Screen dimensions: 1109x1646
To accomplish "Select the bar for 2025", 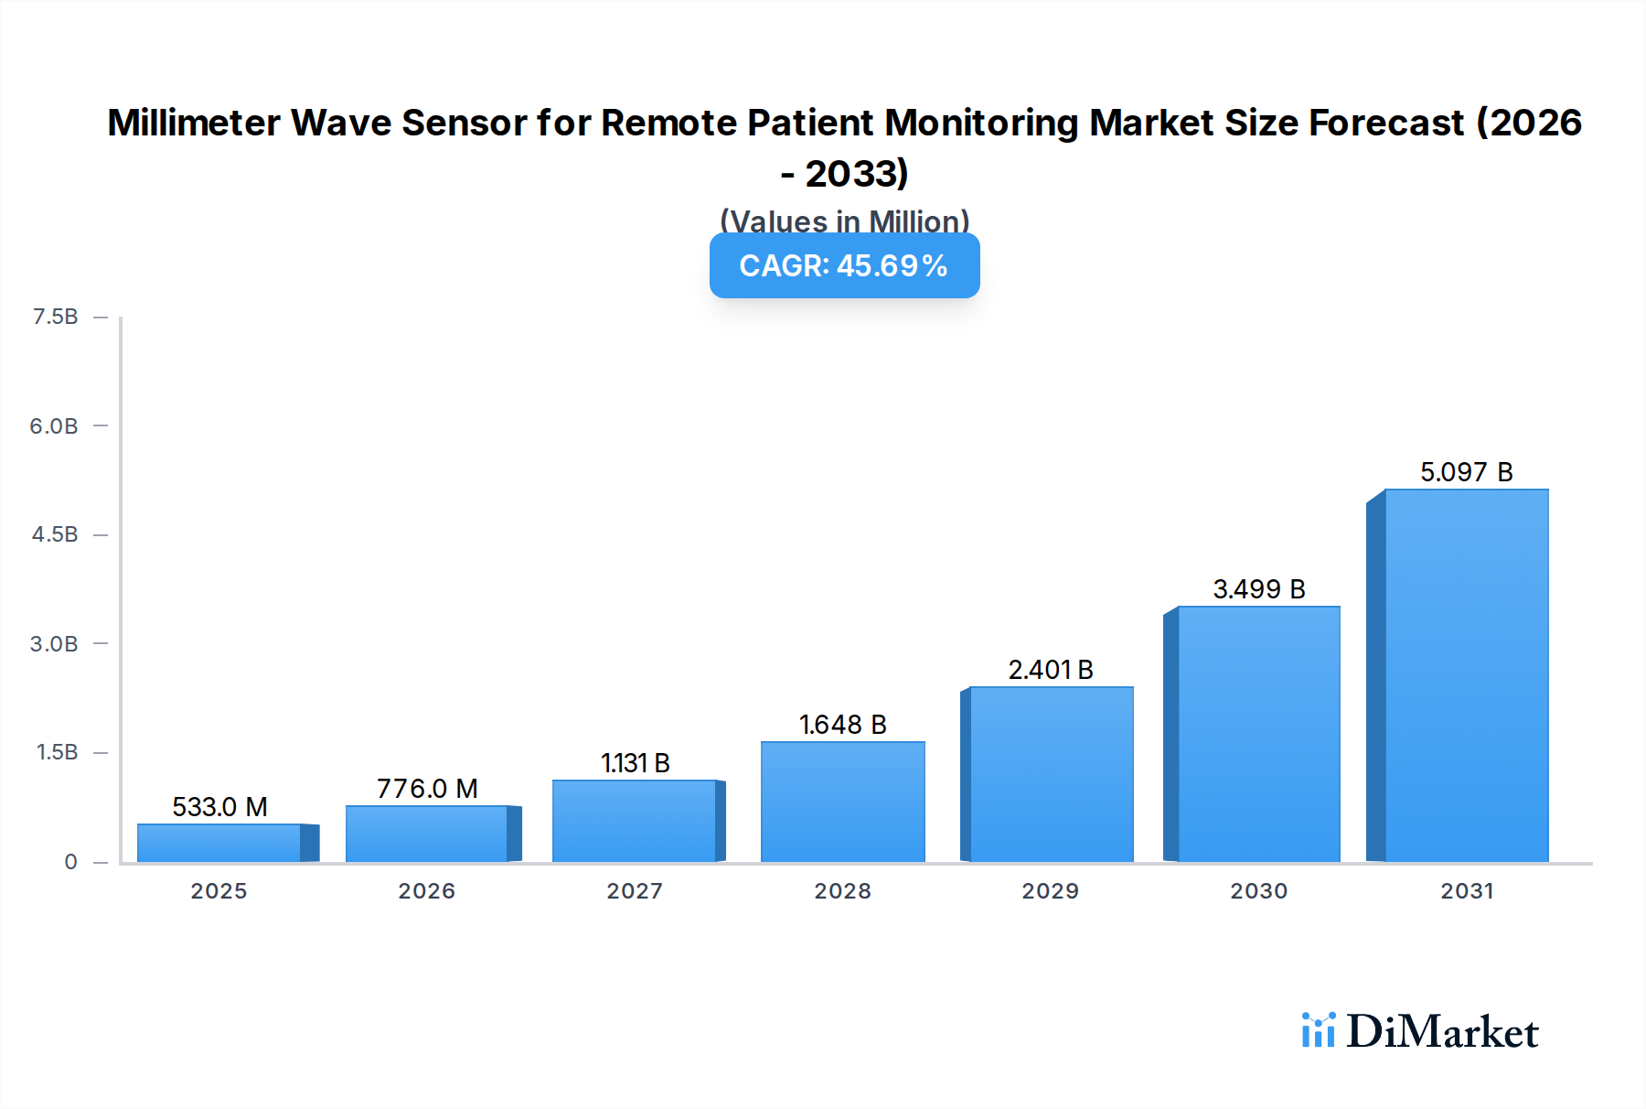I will point(219,843).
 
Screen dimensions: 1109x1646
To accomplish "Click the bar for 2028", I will point(842,802).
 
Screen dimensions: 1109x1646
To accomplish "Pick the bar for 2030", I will point(1258,734).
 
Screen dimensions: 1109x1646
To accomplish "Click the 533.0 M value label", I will point(219,807).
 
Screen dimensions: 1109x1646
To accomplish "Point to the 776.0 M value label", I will point(427,789).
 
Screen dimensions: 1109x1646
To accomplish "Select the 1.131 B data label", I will point(635,763).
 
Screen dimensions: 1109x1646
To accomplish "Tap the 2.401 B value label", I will point(1051,670).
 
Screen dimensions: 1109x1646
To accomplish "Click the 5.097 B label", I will point(1466,472).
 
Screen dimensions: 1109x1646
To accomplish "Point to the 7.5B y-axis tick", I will point(55,317).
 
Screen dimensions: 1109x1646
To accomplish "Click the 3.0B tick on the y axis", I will point(54,643).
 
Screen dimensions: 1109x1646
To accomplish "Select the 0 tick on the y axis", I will point(70,862).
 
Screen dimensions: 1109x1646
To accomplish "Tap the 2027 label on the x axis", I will point(635,891).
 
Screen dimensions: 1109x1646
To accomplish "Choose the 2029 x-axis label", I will point(1051,891).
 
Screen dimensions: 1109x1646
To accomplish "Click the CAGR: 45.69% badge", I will point(844,265).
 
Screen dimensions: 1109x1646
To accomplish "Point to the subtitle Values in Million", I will point(844,221).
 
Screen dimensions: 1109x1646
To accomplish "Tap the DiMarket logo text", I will point(1442,1032).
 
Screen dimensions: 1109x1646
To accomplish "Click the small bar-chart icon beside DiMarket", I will point(1318,1030).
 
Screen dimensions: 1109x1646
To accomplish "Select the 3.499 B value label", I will point(1258,589).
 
